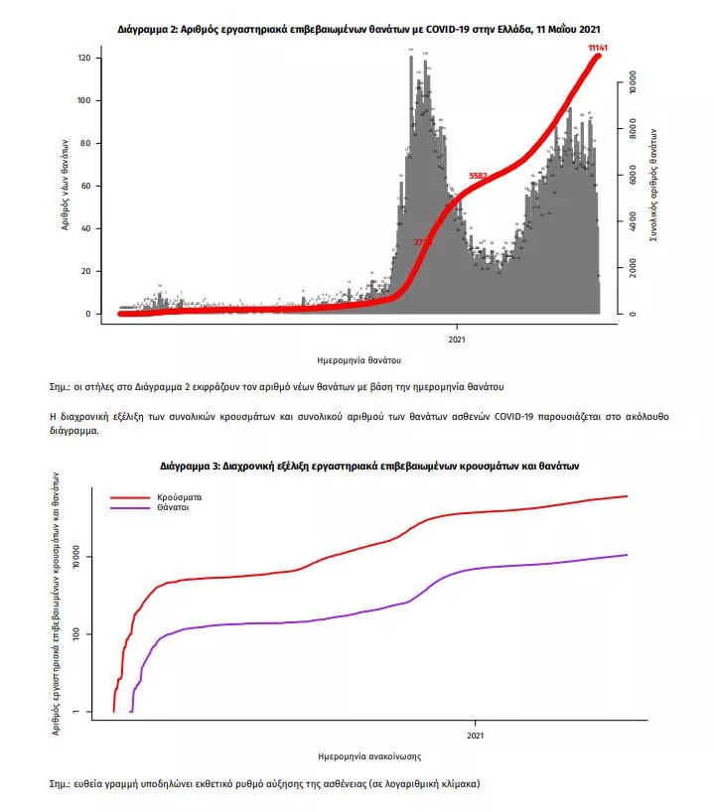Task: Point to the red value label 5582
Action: tap(478, 176)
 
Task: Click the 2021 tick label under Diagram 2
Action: tap(457, 338)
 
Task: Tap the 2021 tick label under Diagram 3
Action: tap(475, 736)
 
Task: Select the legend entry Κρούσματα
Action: tap(176, 494)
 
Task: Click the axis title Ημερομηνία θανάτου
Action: tap(360, 359)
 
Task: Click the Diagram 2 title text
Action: tap(358, 30)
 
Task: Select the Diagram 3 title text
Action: tap(368, 465)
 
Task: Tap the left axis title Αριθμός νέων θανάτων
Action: tap(66, 186)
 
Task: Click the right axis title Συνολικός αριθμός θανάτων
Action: tap(653, 185)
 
